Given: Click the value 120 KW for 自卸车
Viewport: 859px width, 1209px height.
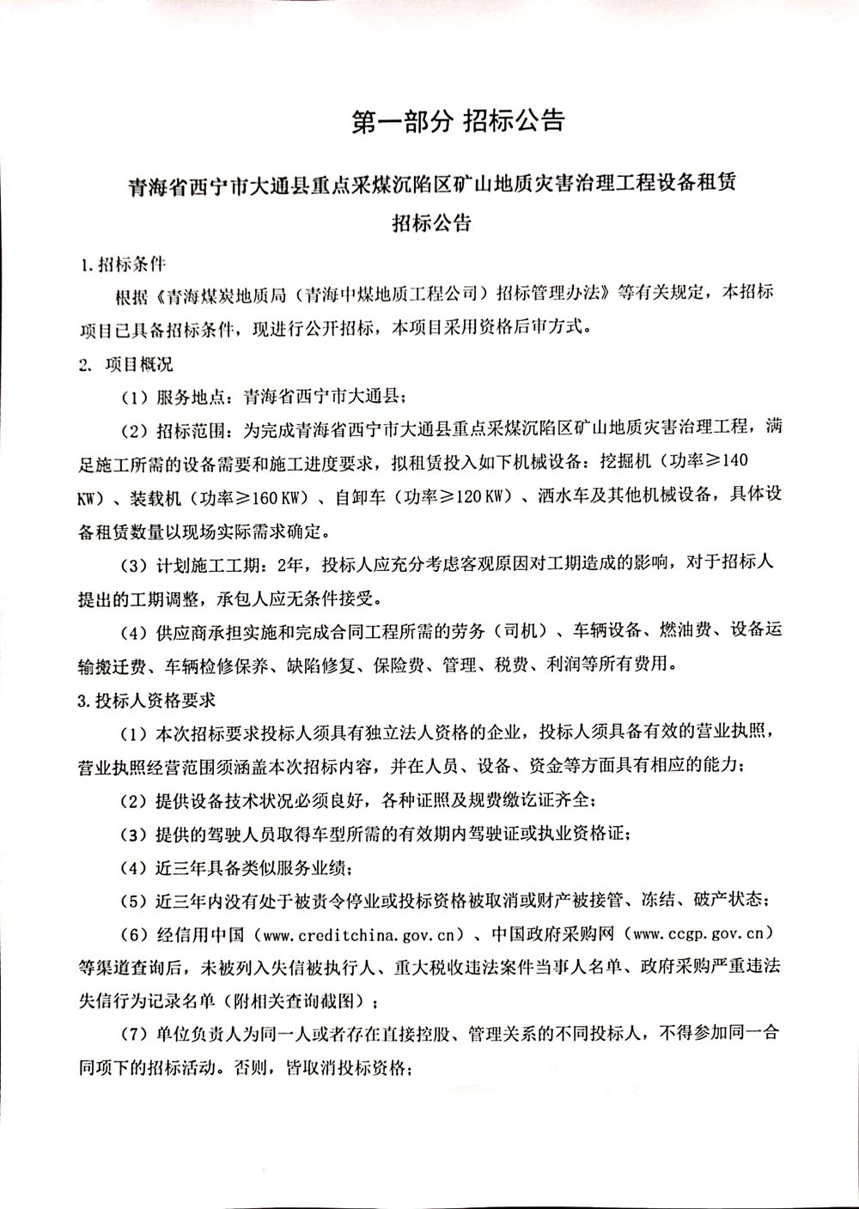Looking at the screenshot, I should [x=479, y=498].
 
